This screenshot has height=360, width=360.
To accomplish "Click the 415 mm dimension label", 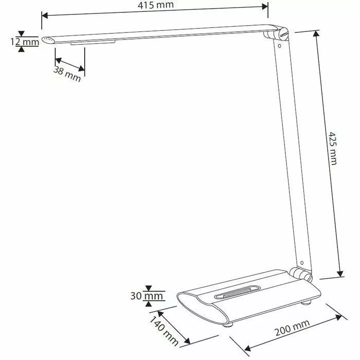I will (156, 6).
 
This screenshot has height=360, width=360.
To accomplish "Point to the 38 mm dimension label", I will (67, 75).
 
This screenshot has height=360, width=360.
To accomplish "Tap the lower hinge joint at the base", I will (298, 274).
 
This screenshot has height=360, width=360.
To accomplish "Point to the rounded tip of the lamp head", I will (48, 40).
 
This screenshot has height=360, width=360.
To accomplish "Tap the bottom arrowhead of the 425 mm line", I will (340, 274).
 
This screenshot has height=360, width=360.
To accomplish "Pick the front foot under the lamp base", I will (227, 325).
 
